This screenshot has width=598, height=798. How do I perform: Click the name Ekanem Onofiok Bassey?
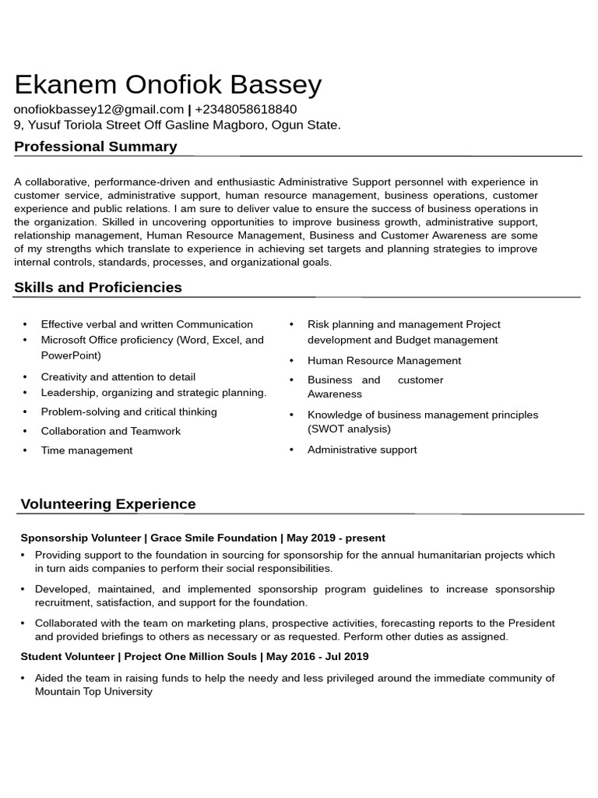tap(167, 84)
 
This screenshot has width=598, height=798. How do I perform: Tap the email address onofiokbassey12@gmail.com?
tap(99, 110)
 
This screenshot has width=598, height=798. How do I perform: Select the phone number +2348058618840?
tap(245, 110)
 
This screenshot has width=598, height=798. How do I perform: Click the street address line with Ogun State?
tap(177, 125)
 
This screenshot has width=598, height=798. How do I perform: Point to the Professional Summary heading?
tap(95, 147)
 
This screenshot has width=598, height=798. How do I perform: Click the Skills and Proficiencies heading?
tap(98, 288)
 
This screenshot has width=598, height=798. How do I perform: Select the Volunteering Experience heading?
tap(108, 504)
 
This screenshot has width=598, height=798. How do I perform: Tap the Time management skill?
tap(86, 450)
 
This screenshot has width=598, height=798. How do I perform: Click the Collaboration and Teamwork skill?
tap(111, 431)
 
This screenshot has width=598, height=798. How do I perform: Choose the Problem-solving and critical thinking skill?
tap(128, 411)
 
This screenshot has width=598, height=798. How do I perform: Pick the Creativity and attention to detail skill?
tap(118, 376)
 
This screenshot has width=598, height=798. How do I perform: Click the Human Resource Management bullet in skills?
tap(384, 361)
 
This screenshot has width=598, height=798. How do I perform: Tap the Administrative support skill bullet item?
tap(362, 450)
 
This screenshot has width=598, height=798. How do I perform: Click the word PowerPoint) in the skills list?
tap(71, 355)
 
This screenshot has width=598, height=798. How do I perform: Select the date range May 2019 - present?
tap(336, 538)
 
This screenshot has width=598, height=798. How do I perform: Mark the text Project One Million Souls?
tap(191, 656)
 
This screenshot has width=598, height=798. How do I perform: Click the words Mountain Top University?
tap(93, 691)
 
